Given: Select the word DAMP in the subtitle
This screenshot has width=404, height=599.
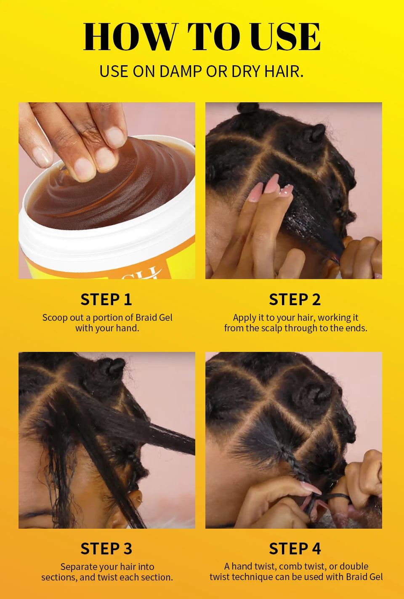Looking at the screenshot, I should [181, 72].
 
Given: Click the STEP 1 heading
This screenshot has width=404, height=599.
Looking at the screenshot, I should [106, 300].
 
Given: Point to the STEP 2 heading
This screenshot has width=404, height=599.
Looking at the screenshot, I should [295, 300].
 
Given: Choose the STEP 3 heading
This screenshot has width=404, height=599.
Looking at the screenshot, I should [106, 549].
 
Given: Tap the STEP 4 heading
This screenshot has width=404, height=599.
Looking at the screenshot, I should [295, 549].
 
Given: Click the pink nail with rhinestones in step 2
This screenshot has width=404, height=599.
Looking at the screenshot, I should [287, 192].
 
